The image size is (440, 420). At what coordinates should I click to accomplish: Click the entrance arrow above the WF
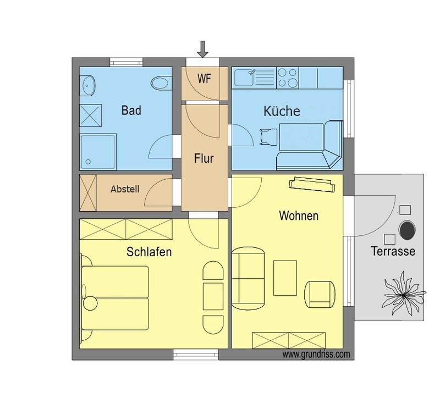coord(202,49)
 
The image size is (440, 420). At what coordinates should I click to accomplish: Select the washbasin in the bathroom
coord(87,85)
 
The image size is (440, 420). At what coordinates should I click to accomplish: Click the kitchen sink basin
coord(244,78)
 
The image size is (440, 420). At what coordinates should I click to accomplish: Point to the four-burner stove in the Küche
coord(287,78)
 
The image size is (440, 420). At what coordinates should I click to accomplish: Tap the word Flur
coord(204,158)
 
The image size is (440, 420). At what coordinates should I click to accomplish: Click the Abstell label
coord(125,189)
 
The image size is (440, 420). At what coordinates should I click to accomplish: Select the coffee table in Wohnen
coord(285,278)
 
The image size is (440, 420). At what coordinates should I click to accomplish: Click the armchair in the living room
coord(320,294)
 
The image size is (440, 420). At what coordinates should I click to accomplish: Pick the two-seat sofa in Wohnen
coord(248,278)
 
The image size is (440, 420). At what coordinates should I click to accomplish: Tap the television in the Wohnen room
coord(312,184)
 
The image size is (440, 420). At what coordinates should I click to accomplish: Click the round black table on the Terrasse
coord(407,230)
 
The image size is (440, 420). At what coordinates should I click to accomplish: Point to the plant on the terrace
coord(404,294)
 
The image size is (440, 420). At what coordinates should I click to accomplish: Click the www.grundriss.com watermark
coord(316,355)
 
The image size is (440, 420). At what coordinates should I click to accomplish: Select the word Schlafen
coord(149,252)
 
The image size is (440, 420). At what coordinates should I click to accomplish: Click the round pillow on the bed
coord(90,303)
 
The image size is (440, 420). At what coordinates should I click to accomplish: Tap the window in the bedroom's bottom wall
coord(196,355)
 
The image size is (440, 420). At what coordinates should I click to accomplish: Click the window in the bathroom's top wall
coord(127,62)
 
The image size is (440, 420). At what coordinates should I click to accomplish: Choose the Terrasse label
coord(393,251)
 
